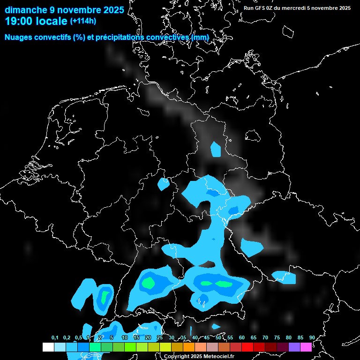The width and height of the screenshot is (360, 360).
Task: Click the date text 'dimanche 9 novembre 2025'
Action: (x=64, y=9)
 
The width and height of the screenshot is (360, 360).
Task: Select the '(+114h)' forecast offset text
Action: (x=83, y=21)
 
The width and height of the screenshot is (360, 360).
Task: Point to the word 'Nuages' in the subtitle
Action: (x=19, y=37)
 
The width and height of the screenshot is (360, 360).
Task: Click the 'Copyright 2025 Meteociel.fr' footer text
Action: (x=199, y=356)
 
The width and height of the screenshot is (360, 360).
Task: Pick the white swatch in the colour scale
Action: (x=48, y=347)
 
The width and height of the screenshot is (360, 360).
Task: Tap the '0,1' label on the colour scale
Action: (x=55, y=337)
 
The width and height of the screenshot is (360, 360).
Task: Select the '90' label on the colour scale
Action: (x=312, y=337)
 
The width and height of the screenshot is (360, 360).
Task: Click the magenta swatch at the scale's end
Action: (x=306, y=347)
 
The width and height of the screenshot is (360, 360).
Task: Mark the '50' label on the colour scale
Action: (x=218, y=337)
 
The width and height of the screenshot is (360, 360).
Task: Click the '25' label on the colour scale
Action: (x=160, y=337)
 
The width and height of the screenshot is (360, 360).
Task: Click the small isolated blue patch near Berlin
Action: (x=216, y=150)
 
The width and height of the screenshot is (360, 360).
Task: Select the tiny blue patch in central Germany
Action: (x=164, y=184)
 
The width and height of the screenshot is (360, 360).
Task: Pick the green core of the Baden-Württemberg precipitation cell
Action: (x=149, y=283)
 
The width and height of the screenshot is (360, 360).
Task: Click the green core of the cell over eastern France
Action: (x=105, y=297)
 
